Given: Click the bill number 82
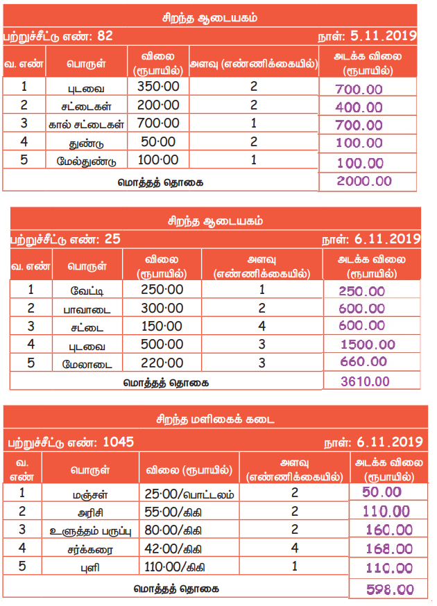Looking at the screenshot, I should pos(105,35).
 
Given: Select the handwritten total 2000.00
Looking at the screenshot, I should pos(364,181).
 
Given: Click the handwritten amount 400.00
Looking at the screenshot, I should pos(358,107).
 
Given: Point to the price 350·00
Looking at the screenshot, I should pos(159,87).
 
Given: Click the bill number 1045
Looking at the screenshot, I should pos(118,442).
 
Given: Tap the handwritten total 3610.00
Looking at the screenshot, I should pos(365,381).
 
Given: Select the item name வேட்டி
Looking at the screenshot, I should pos(88,291).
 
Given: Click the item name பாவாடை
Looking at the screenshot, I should pos(88,309).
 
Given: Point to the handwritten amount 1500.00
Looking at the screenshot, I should pos(368,345).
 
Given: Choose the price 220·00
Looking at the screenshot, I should pos(162,363).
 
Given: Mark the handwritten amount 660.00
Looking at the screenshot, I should pos(363,362).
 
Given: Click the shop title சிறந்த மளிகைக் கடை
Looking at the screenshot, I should pos(214,419).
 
